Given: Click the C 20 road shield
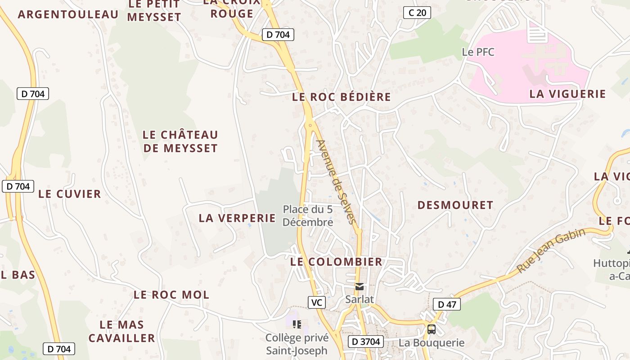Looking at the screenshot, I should pos(416,13).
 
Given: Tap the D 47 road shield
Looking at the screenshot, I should pos(447,305).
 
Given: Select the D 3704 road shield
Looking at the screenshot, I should pos(366,342).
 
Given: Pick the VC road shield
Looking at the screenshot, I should pos(317,302).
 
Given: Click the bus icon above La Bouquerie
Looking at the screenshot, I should pos(432,329).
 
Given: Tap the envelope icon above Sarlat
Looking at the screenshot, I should pos(360,286).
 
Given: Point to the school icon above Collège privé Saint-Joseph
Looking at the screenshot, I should pos(297,324).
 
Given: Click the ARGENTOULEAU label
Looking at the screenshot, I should pos(68,14).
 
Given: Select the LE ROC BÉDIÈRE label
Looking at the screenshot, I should pos(342,97).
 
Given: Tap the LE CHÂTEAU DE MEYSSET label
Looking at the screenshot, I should pos(180,141).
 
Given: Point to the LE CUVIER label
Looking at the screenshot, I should pos(70,194).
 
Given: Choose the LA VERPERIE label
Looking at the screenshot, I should pos(237,218).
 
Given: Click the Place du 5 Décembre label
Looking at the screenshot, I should pos(308,216).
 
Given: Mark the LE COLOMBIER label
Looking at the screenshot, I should pos(336,262).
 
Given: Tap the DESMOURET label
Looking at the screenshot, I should pos(455,205).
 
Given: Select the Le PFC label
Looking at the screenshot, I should pos(478,52).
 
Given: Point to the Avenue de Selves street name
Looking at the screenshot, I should pos(336,182).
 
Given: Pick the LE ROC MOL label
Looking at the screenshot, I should pos(171,295).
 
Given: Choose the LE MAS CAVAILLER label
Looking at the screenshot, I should pos(121,331).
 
